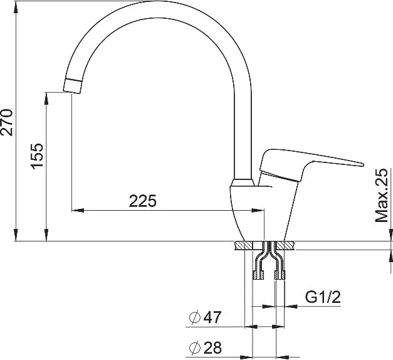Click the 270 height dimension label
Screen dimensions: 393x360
click(x=6, y=122)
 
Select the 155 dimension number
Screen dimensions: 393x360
click(x=36, y=156)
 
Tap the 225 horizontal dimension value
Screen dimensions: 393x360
click(x=143, y=201)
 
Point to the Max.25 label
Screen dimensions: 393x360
click(x=381, y=196)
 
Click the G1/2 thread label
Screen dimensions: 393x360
click(x=323, y=297)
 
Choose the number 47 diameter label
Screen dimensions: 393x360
click(x=212, y=317)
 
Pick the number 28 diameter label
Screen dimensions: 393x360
click(x=212, y=347)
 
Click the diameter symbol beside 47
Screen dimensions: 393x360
click(x=195, y=317)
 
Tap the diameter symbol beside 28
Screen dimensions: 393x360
click(x=195, y=347)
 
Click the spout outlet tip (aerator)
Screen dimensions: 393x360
click(x=73, y=86)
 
